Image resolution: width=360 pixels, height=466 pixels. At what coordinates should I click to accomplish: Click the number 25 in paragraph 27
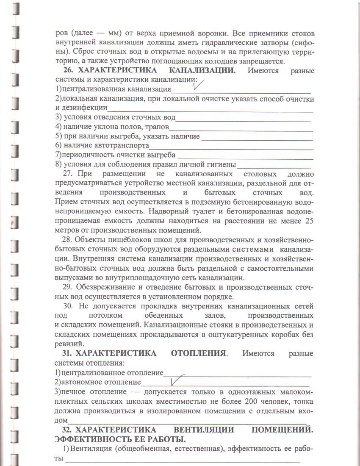coord(309,221)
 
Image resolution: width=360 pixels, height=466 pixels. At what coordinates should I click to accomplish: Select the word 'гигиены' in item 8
coord(220,164)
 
